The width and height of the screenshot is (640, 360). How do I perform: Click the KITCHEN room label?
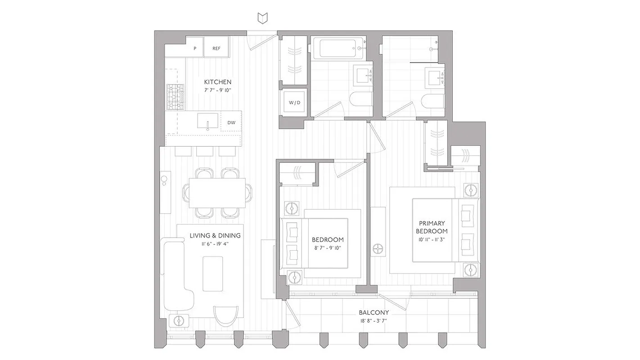pyautogui.click(x=217, y=82)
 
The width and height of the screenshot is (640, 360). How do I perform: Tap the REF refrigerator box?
pyautogui.click(x=216, y=48)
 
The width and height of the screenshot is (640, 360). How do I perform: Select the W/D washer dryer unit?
pyautogui.click(x=294, y=103)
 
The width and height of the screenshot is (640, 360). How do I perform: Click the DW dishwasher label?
pyautogui.click(x=231, y=122)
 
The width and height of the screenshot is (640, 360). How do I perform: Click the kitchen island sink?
pyautogui.click(x=207, y=121)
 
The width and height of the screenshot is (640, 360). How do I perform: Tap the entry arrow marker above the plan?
pyautogui.click(x=263, y=18)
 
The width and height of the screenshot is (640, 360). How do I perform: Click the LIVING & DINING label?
pyautogui.click(x=215, y=235)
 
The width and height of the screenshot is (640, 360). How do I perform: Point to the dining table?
pyautogui.click(x=217, y=193)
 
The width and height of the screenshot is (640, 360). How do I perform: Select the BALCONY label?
pyautogui.click(x=374, y=312)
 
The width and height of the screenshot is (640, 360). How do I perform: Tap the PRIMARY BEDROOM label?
pyautogui.click(x=432, y=227)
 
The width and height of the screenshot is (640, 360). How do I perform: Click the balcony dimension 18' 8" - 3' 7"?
pyautogui.click(x=374, y=321)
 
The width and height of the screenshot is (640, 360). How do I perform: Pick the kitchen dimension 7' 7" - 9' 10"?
pyautogui.click(x=217, y=90)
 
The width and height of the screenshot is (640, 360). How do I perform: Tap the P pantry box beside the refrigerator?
pyautogui.click(x=195, y=48)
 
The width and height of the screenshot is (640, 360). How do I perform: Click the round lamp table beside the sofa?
pyautogui.click(x=180, y=321)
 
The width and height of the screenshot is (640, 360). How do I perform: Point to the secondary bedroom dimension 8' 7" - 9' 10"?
pyautogui.click(x=328, y=248)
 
